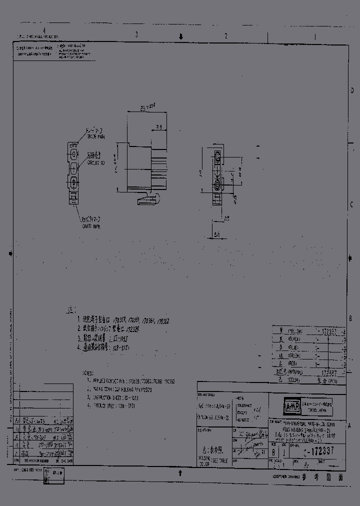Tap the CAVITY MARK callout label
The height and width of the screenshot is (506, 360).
pos(92,225)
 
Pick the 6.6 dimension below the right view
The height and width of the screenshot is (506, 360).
pos(216,234)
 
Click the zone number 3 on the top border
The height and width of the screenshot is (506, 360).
pos(136,36)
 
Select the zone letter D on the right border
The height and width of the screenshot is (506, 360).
pos(352,90)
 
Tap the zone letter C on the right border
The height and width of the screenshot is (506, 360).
pos(352,204)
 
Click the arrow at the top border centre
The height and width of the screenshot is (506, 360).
pos(181,36)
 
